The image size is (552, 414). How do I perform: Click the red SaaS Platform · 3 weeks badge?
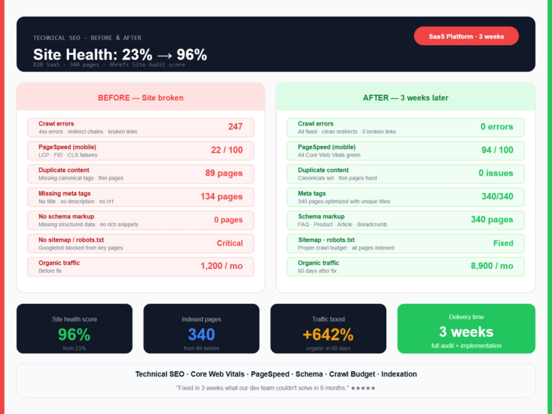tap(466, 36)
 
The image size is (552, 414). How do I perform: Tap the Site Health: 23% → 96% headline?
tap(120, 55)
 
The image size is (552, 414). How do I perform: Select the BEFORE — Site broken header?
tap(140, 98)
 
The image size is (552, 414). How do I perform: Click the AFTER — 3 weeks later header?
tap(406, 98)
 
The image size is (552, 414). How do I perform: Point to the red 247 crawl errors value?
tap(235, 127)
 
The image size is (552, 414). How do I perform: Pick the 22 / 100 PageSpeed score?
tap(227, 150)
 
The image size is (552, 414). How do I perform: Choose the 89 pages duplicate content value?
tap(224, 173)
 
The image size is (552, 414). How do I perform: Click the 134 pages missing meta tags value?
tap(221, 196)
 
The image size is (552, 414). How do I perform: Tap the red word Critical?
tap(230, 243)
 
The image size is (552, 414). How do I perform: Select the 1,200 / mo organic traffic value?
tap(221, 266)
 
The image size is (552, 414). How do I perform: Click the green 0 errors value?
tap(497, 127)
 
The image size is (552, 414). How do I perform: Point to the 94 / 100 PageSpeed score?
tap(497, 150)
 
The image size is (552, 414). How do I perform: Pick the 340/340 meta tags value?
tap(497, 196)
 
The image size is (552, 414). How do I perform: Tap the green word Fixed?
tap(503, 243)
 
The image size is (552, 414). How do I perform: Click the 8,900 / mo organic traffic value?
tap(492, 266)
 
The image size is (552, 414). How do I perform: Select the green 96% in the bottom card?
tap(75, 334)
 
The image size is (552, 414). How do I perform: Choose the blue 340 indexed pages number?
tap(201, 334)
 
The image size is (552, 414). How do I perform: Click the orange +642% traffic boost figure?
tap(328, 334)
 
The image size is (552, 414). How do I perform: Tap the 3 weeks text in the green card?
tap(466, 332)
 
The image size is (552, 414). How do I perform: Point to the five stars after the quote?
tap(363, 388)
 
